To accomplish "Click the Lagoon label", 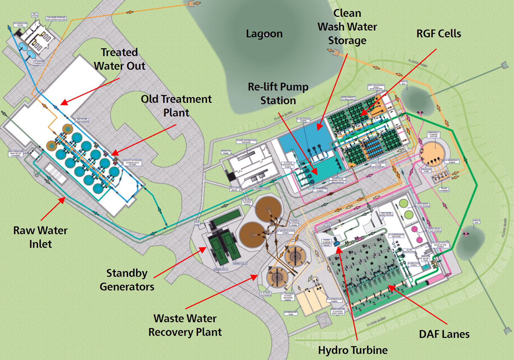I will [x=264, y=34].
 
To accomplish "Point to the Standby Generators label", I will [x=127, y=279].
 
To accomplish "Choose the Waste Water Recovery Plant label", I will [x=185, y=325].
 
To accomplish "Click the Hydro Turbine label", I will [x=353, y=350].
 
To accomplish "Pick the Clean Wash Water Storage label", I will [x=347, y=27].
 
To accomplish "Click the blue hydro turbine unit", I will [x=337, y=243].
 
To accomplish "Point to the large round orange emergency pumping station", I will [x=434, y=152].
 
